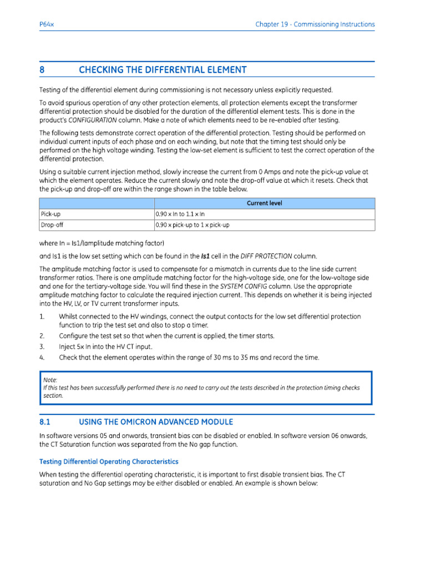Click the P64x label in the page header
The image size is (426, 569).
46,24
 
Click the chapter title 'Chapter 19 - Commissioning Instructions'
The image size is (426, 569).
315,24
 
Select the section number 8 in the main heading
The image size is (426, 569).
42,70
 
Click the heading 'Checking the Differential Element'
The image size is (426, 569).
163,70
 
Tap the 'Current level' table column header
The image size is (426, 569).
264,203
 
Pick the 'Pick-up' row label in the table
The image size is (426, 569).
50,214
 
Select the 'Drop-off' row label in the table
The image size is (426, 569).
52,225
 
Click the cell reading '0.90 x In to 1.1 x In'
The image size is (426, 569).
184,214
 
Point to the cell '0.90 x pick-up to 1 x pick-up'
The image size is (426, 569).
192,225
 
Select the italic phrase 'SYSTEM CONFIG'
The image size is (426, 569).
244,286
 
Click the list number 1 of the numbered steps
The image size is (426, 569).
42,316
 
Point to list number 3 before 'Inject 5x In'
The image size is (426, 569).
42,347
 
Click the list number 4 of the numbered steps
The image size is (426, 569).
42,357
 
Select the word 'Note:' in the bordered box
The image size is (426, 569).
50,380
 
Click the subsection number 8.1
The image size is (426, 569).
44,422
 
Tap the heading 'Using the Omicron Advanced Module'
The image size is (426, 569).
156,422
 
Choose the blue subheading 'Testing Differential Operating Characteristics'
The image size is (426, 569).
109,461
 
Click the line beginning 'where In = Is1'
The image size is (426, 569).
102,243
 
